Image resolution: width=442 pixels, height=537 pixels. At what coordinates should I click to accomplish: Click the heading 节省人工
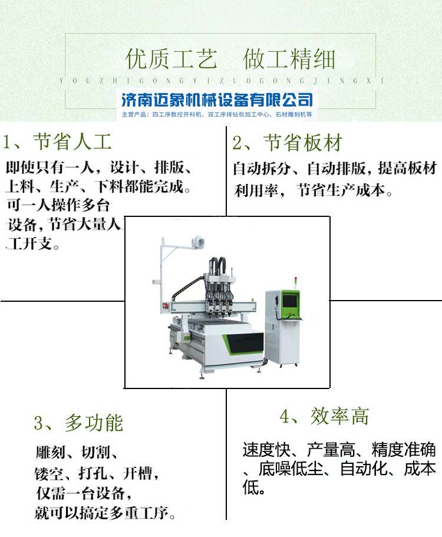(72, 142)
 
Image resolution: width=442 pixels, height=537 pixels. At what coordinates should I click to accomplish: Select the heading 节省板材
(303, 143)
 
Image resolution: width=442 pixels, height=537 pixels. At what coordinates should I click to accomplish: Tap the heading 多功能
(94, 423)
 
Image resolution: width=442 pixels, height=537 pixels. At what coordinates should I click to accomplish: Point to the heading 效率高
(339, 416)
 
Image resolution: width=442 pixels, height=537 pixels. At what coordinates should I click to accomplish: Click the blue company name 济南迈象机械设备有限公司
(217, 100)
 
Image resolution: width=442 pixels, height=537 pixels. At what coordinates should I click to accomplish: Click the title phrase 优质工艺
(171, 60)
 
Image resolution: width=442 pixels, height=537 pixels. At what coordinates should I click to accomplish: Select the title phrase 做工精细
(289, 60)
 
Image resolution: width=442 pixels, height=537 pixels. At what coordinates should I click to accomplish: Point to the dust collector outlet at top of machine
(198, 242)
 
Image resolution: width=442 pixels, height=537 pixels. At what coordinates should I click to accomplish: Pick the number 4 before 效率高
(285, 417)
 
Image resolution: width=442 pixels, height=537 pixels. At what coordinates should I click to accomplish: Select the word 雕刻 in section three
(50, 452)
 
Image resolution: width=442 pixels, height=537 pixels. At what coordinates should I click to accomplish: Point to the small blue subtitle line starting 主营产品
(217, 114)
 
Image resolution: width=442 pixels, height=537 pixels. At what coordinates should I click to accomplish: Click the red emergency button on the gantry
(167, 305)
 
